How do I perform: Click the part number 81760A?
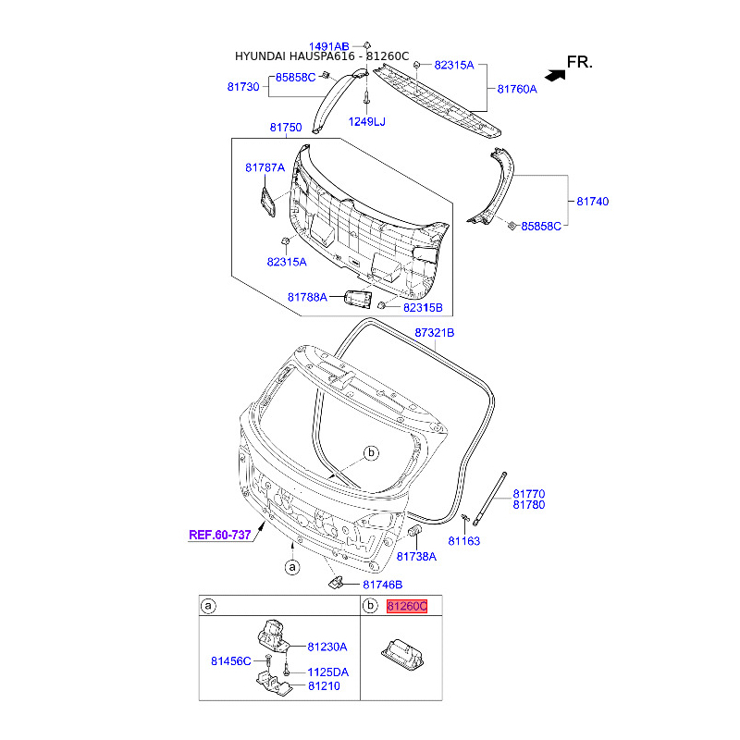[517, 90]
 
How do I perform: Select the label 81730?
[245, 86]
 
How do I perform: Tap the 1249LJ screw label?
[366, 121]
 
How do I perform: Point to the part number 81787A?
[266, 167]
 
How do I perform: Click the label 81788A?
[307, 297]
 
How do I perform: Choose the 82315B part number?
[423, 306]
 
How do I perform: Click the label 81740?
[593, 201]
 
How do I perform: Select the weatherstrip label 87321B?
[435, 332]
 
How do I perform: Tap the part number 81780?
[529, 505]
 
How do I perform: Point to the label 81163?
[464, 541]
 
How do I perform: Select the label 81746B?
[383, 585]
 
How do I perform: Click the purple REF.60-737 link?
[220, 535]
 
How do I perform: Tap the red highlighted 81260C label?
[408, 607]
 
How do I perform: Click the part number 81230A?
[327, 647]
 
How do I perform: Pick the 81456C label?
[231, 660]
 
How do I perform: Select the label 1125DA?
[328, 672]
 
